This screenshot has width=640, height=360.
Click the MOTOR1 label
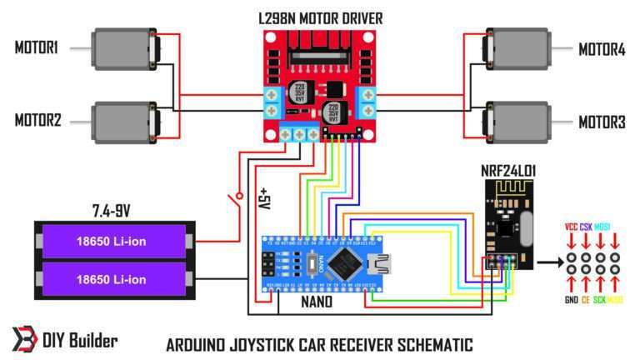[36, 48]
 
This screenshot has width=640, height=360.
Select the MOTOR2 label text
[37, 120]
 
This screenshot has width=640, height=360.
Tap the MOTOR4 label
[602, 49]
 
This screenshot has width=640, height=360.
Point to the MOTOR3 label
[602, 122]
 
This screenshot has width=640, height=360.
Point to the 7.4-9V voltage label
[115, 207]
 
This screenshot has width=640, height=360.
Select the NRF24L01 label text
[508, 171]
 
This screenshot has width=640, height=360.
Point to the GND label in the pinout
[572, 299]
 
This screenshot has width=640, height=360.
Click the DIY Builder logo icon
[23, 340]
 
